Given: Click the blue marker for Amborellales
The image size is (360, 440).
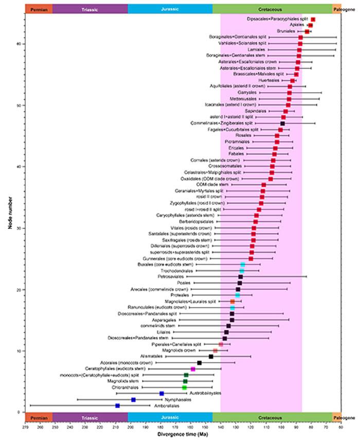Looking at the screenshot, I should click(117, 406).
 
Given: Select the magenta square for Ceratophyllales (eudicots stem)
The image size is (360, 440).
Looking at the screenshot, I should click(193, 369).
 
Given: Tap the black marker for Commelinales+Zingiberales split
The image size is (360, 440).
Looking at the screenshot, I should click(282, 124).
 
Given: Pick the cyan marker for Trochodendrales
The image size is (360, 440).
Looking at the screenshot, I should click(242, 271).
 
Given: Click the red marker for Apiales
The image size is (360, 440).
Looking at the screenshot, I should click(311, 25).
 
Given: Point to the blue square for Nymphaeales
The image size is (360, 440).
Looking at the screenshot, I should click(133, 399).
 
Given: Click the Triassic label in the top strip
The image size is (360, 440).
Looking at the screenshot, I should click(90, 9).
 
